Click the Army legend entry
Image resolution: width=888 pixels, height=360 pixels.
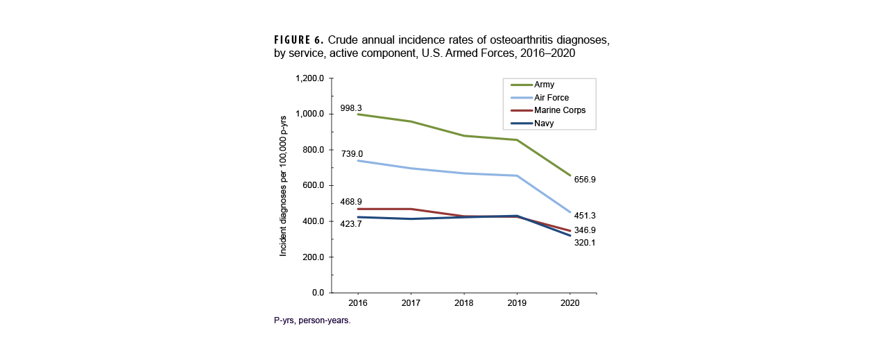click(x=544, y=85)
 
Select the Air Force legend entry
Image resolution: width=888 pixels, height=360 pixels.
click(x=552, y=98)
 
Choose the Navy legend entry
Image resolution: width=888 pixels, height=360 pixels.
click(x=544, y=123)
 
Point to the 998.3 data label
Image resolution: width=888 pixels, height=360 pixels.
click(x=351, y=108)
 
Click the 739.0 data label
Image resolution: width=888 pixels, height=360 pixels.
click(x=351, y=154)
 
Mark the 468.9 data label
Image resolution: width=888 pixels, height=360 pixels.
click(x=351, y=202)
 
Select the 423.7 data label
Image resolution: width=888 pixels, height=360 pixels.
click(x=351, y=224)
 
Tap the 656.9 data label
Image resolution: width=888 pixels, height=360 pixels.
click(x=585, y=180)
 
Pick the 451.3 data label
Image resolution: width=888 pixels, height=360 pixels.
click(x=585, y=215)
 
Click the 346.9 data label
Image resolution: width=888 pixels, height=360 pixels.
click(x=585, y=230)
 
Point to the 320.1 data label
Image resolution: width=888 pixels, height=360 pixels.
click(x=585, y=243)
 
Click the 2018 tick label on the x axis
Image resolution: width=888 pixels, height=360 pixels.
click(x=463, y=303)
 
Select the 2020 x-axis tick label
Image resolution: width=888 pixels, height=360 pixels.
click(x=570, y=303)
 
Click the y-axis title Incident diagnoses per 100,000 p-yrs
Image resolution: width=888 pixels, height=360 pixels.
click(x=283, y=185)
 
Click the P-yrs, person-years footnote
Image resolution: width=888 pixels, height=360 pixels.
click(x=312, y=321)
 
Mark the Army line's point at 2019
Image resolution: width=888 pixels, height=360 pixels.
click(x=516, y=140)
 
